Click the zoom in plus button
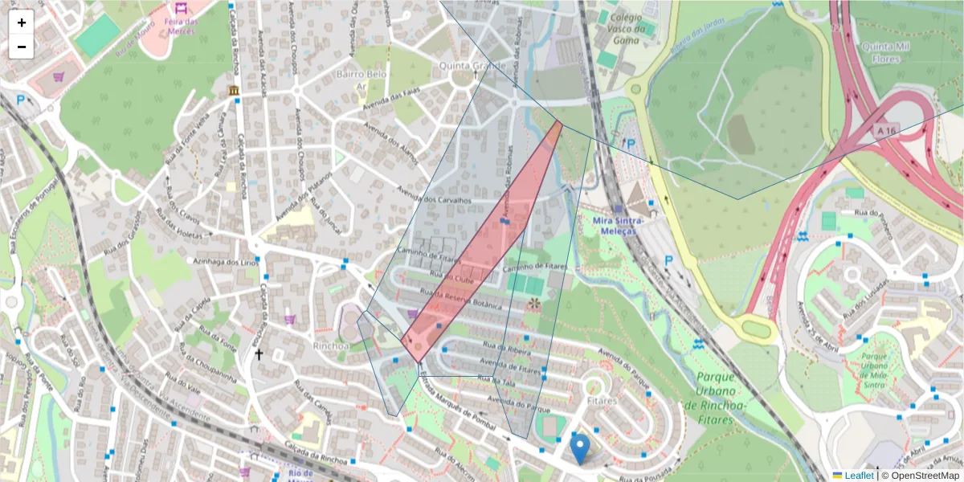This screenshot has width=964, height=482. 22,22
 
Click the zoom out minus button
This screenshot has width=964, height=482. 22,47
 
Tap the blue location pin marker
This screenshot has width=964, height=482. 579,447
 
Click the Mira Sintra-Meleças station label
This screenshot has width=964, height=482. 614,225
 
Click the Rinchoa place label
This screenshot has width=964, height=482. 332,346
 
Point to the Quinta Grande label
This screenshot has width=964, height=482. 472,66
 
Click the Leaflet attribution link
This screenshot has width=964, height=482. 858,476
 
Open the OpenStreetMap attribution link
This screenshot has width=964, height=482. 924,476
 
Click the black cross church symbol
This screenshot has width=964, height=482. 259,353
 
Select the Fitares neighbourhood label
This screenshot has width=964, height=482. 602,399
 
